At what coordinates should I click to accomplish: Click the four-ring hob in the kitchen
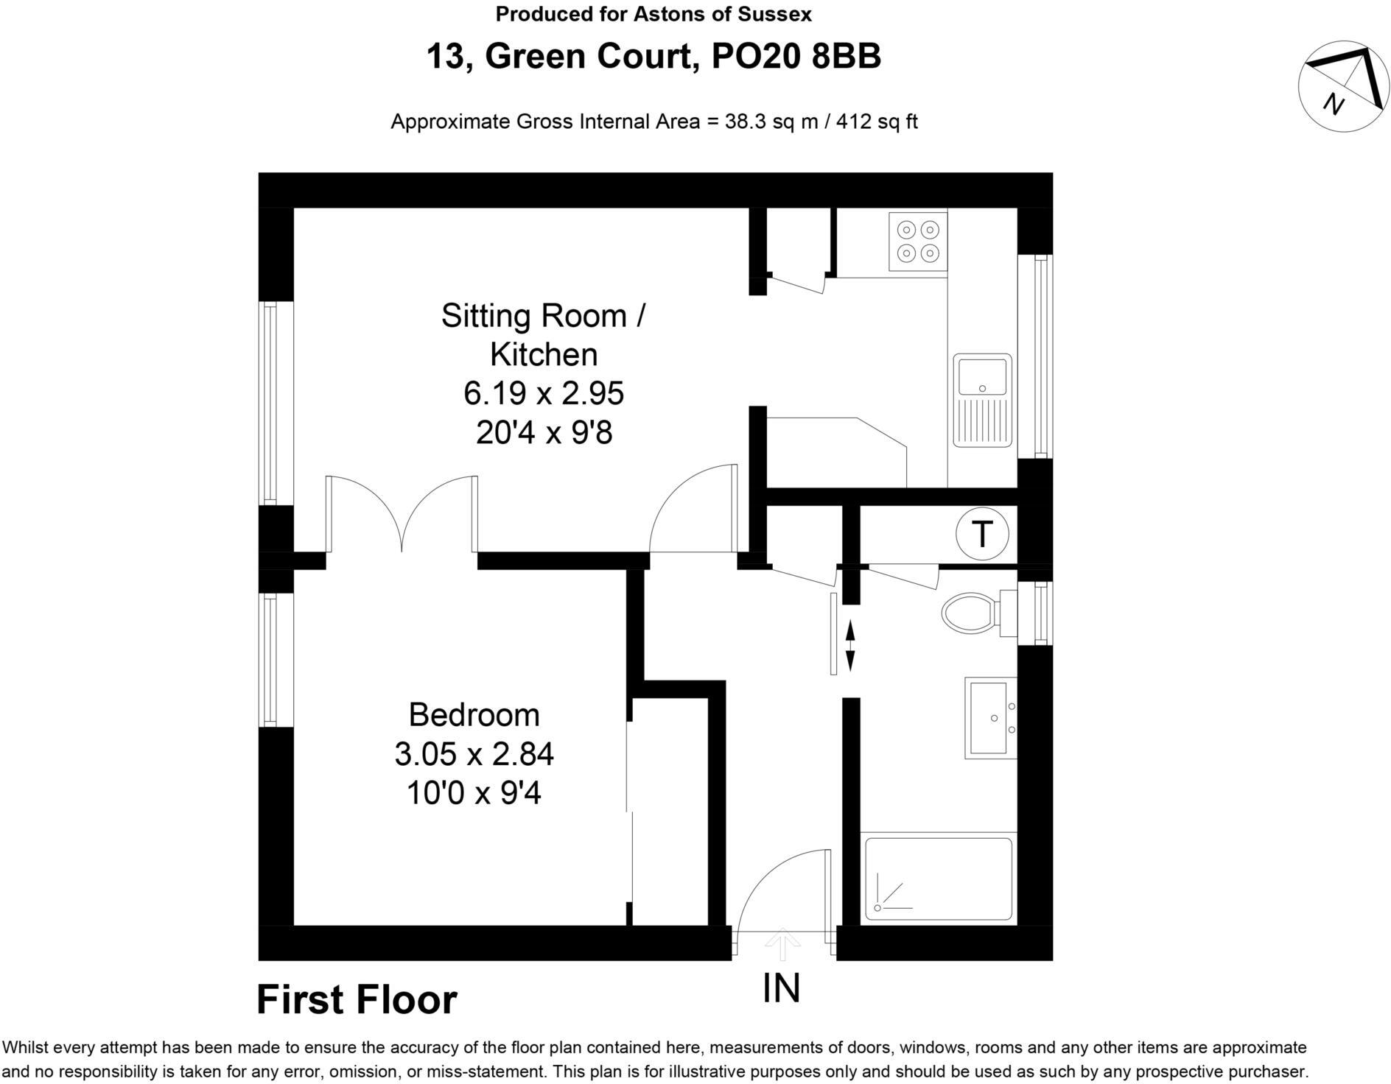918,242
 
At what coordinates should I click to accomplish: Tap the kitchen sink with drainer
982,401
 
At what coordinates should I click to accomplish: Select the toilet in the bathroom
973,613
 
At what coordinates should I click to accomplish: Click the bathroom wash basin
990,718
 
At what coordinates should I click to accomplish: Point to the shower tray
938,879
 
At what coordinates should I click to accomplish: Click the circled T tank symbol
982,534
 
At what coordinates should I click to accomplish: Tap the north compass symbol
1343,86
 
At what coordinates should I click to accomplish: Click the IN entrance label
782,989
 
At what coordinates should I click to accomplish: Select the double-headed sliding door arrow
850,645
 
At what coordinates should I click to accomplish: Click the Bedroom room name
474,715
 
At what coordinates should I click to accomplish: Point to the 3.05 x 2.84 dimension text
474,754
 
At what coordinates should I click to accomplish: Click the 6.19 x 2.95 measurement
544,393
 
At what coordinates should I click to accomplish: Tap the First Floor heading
357,1000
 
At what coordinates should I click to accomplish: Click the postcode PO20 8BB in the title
796,57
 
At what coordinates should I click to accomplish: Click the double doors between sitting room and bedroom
402,515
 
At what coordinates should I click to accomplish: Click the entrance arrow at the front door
782,944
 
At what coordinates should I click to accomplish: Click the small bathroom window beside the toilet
1040,613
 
